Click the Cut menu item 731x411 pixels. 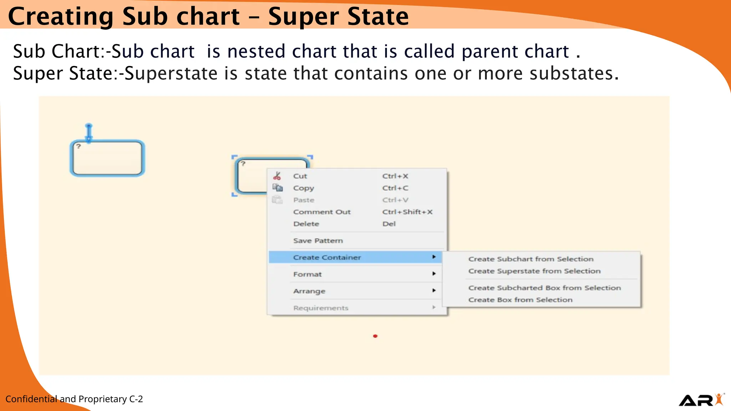pyautogui.click(x=300, y=176)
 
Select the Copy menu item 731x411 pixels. pyautogui.click(x=303, y=188)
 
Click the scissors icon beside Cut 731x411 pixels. pyautogui.click(x=277, y=176)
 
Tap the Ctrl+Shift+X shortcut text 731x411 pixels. pyautogui.click(x=407, y=212)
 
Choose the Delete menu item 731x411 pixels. pyautogui.click(x=306, y=224)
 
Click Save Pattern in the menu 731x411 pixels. pyautogui.click(x=318, y=241)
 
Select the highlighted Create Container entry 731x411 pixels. pyautogui.click(x=327, y=258)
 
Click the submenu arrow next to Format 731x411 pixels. pyautogui.click(x=434, y=274)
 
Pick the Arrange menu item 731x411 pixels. pyautogui.click(x=309, y=291)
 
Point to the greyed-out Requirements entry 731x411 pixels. pyautogui.click(x=321, y=308)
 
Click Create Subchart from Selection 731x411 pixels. pyautogui.click(x=530, y=259)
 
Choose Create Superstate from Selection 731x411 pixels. pyautogui.click(x=534, y=271)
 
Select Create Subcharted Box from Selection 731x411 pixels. pyautogui.click(x=544, y=288)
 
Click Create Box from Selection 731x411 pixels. pyautogui.click(x=520, y=300)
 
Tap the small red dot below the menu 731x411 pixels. pyautogui.click(x=375, y=336)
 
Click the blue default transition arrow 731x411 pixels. pyautogui.click(x=89, y=133)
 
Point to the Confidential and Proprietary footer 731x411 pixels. pyautogui.click(x=74, y=399)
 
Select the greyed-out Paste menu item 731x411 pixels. pyautogui.click(x=303, y=200)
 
